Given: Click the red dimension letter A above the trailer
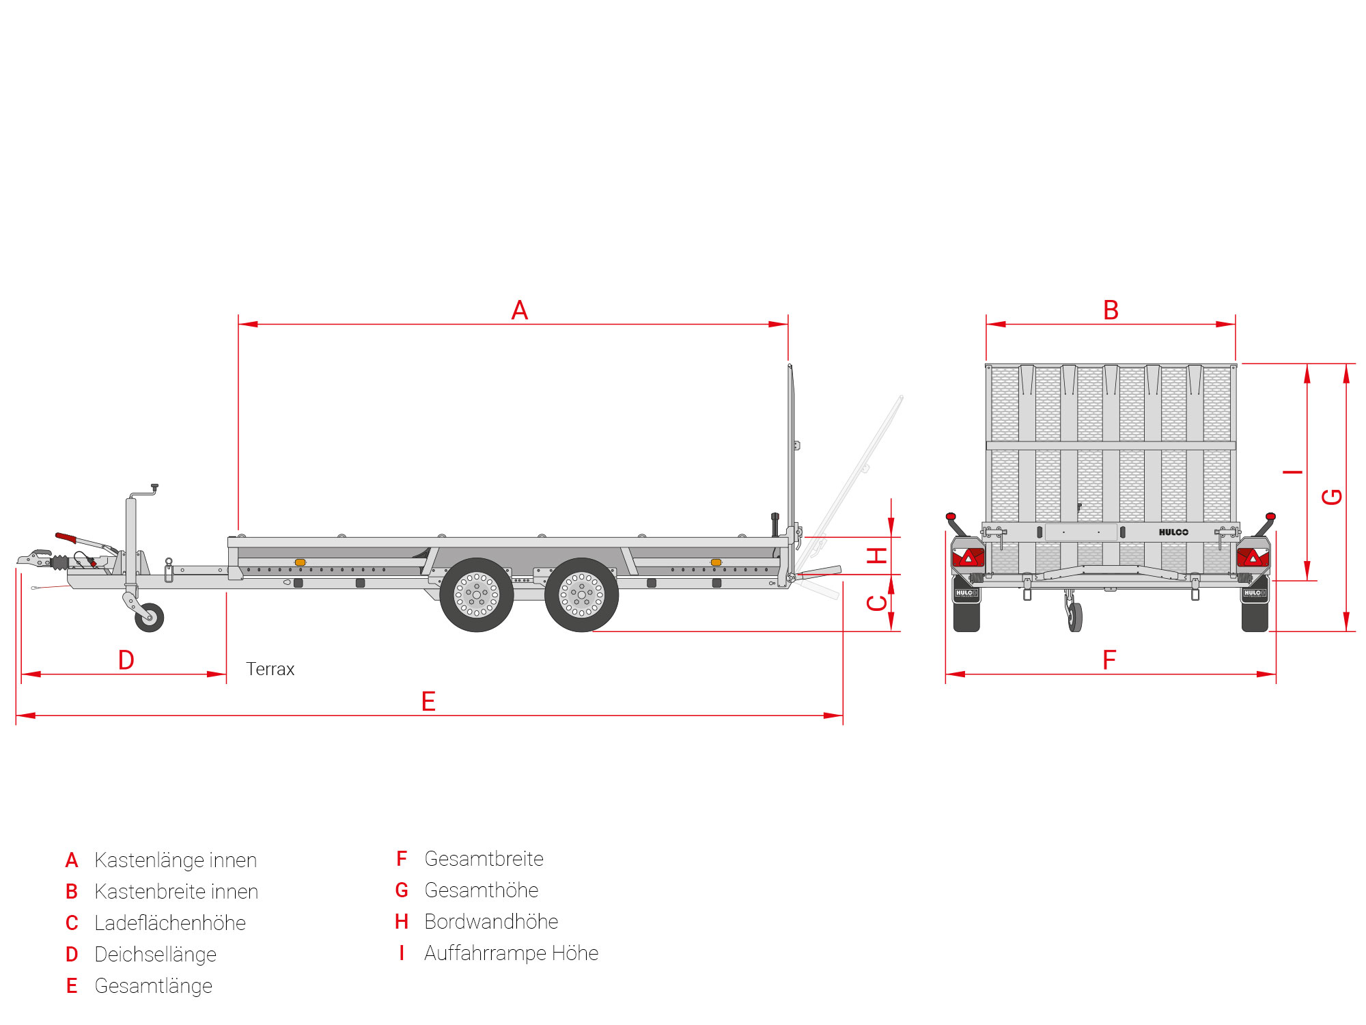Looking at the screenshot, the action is (x=520, y=310).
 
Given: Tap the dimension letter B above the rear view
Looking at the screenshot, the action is (x=1111, y=310).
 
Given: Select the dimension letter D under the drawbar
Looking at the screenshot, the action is (x=126, y=660).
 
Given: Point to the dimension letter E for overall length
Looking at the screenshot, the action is (x=428, y=702).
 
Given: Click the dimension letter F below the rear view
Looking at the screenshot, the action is (x=1109, y=660).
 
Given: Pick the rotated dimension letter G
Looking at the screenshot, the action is (x=1333, y=497).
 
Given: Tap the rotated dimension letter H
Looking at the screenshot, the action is (x=877, y=556).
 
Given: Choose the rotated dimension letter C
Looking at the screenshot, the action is (x=877, y=603).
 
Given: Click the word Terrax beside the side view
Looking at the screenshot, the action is (x=270, y=669).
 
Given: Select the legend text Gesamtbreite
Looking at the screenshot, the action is (x=484, y=859).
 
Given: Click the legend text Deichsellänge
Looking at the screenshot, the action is (x=156, y=955).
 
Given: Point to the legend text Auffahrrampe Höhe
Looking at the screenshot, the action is (x=512, y=953).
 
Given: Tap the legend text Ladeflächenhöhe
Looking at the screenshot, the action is (x=170, y=923).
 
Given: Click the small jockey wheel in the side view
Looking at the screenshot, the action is (x=150, y=618).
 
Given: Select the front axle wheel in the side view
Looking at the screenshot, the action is (x=477, y=595).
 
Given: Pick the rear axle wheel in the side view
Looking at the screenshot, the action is (x=582, y=595).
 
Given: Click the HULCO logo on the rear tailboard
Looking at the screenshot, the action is (x=1173, y=532).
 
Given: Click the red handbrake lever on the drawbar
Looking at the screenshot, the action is (x=66, y=538).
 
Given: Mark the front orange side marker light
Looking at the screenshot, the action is (x=300, y=562).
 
